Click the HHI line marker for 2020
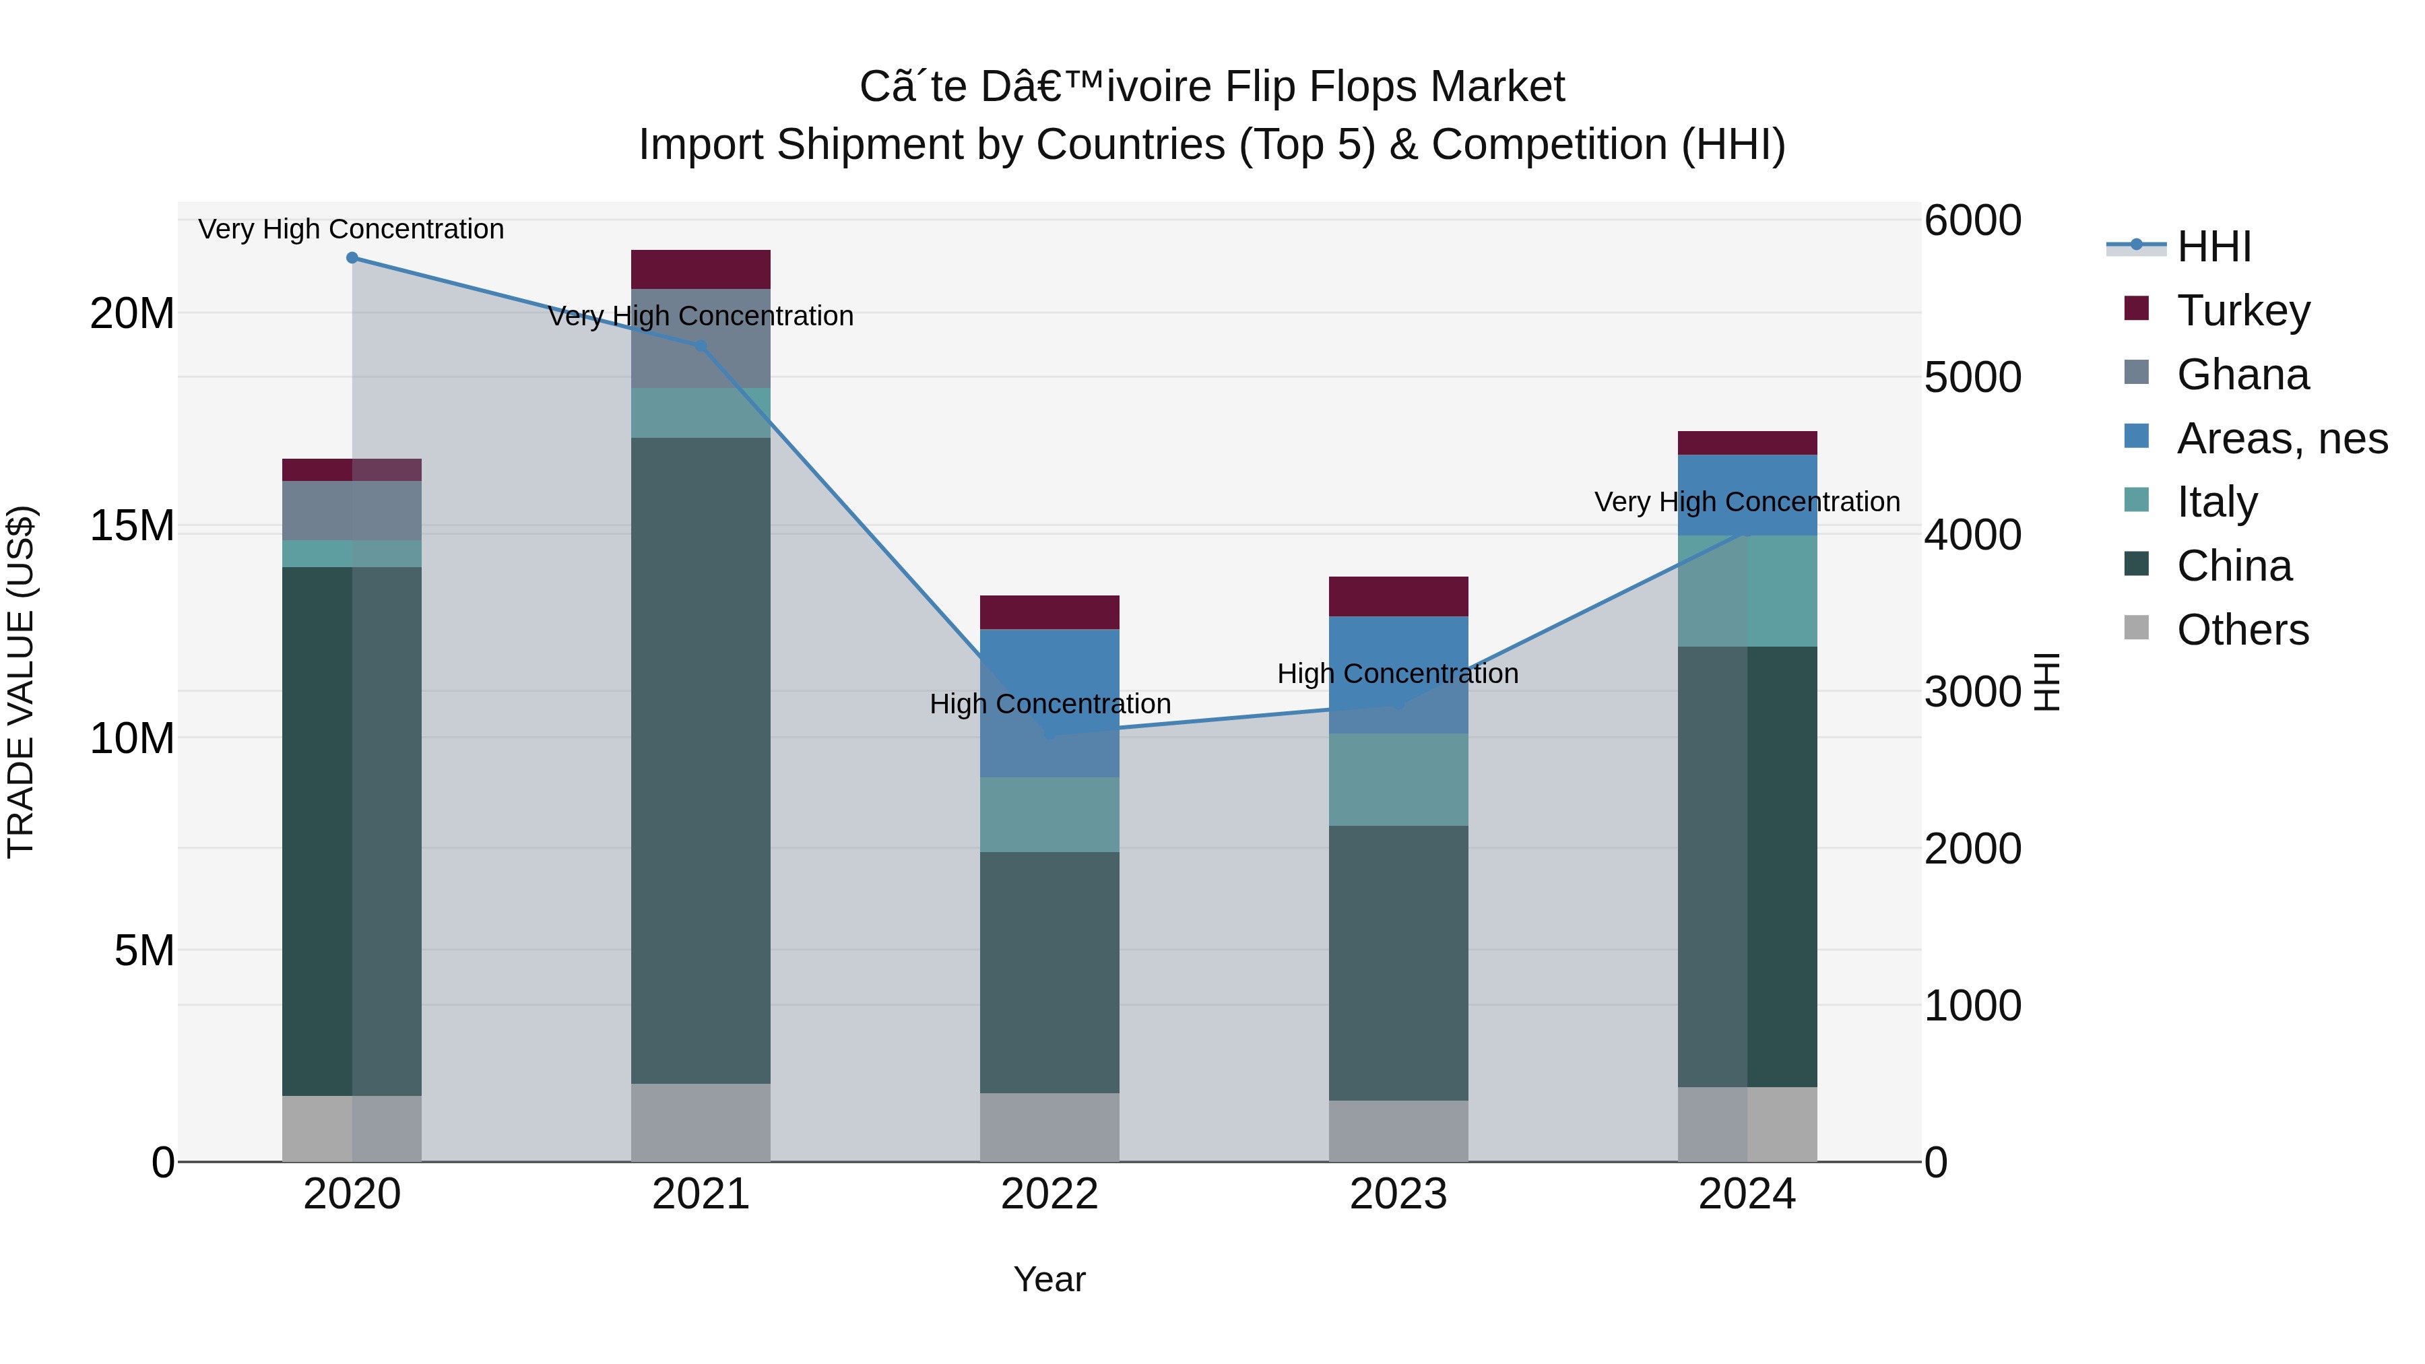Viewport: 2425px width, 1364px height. [352, 258]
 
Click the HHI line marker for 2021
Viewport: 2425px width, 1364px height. [701, 346]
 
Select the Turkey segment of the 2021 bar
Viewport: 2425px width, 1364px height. [701, 269]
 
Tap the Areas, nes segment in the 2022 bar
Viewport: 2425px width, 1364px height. [1049, 703]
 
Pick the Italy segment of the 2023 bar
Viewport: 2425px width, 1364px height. [1398, 779]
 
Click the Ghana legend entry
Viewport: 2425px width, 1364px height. [2242, 375]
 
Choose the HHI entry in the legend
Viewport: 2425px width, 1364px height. [2213, 247]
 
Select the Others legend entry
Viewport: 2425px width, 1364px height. [2242, 630]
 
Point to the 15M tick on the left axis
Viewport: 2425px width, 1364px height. [132, 525]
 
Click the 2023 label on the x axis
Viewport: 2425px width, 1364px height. [1398, 1194]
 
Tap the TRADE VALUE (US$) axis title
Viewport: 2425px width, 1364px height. [21, 682]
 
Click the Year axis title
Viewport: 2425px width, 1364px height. [1049, 1279]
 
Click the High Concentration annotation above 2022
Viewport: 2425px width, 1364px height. [1049, 703]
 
